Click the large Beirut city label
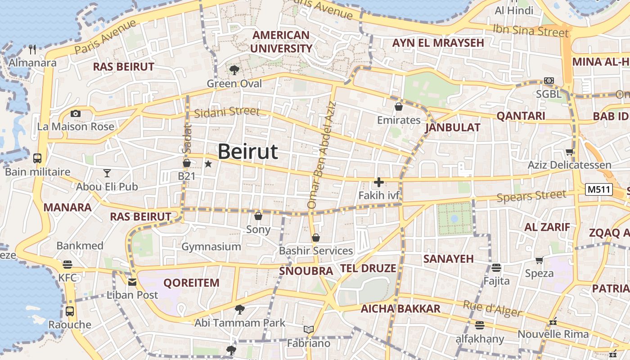pyautogui.click(x=248, y=152)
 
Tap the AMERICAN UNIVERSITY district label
pyautogui.click(x=281, y=42)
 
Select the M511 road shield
pyautogui.click(x=599, y=189)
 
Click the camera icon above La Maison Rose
pyautogui.click(x=76, y=113)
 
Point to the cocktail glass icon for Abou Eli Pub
pyautogui.click(x=107, y=173)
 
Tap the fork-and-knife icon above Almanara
pyautogui.click(x=32, y=49)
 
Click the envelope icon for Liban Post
pyautogui.click(x=132, y=282)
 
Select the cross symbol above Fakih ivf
pyautogui.click(x=378, y=182)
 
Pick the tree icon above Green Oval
pyautogui.click(x=234, y=70)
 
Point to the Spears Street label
pyautogui.click(x=531, y=196)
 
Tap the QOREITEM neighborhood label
pyautogui.click(x=191, y=283)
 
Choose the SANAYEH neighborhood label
pyautogui.click(x=448, y=259)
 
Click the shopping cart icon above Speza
pyautogui.click(x=539, y=260)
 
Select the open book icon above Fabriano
pyautogui.click(x=308, y=330)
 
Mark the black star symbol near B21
pyautogui.click(x=208, y=164)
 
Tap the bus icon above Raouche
pyautogui.click(x=70, y=311)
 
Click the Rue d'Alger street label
pyautogui.click(x=492, y=309)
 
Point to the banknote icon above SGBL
pyautogui.click(x=549, y=81)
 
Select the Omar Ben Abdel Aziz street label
pyautogui.click(x=321, y=155)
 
